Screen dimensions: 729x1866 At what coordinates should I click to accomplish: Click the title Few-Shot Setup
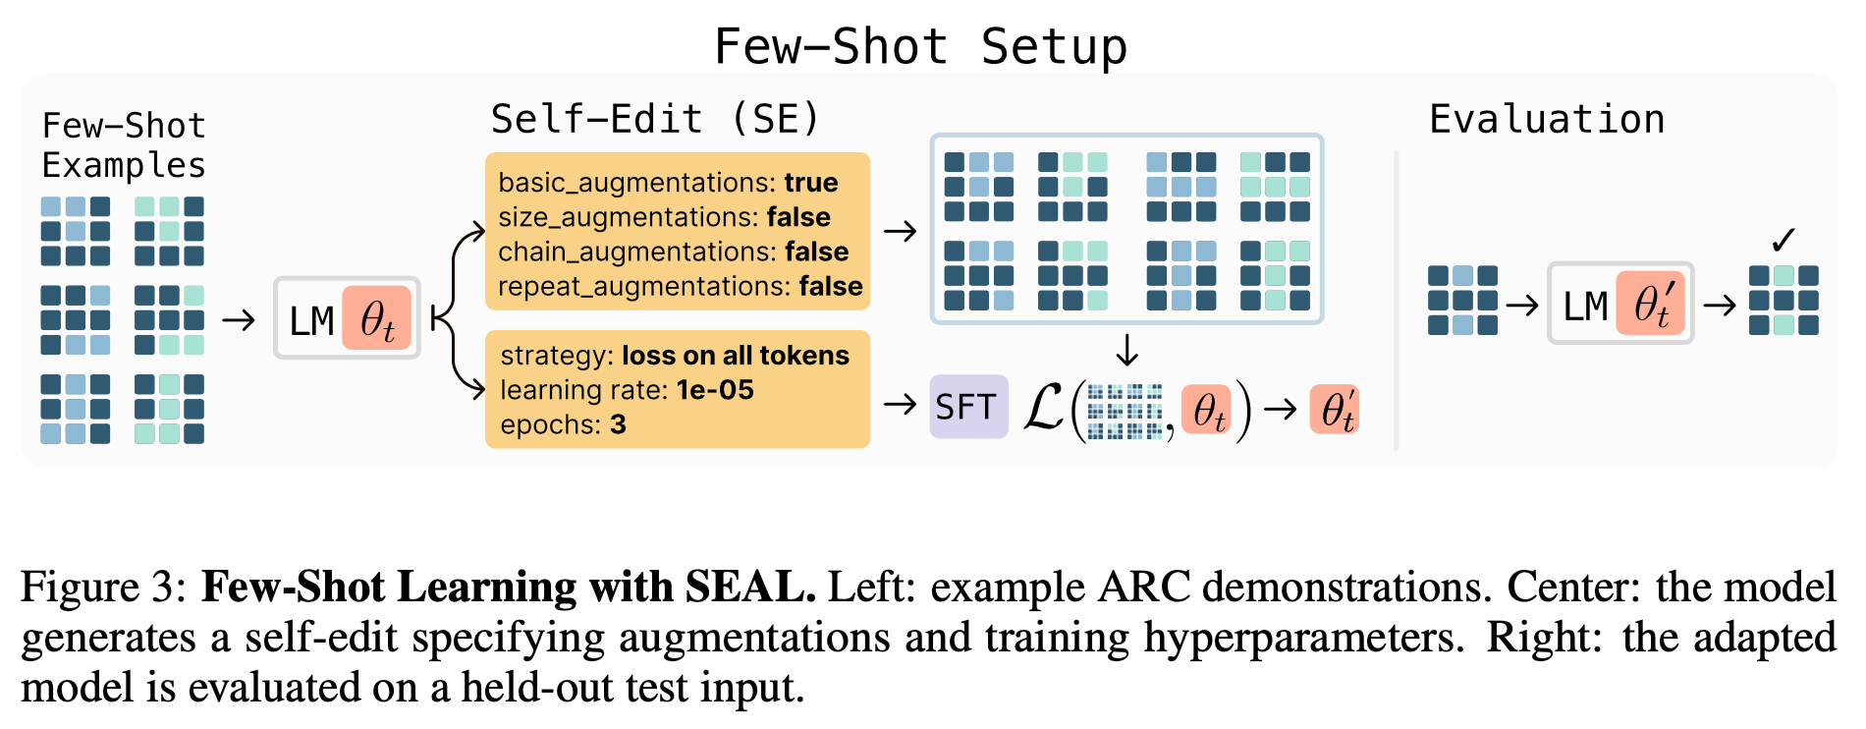click(920, 46)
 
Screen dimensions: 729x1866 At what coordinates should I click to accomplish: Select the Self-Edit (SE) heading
click(655, 119)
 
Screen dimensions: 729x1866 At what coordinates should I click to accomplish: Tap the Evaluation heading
click(1547, 119)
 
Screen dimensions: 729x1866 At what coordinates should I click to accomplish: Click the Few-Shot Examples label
click(124, 145)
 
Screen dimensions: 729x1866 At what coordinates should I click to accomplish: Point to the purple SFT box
click(968, 406)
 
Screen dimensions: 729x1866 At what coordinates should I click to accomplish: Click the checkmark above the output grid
click(1784, 239)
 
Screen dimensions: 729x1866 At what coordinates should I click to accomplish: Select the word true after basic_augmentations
click(811, 183)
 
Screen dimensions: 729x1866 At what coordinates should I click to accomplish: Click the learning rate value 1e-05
click(716, 390)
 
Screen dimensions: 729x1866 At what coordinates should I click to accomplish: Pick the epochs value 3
click(618, 424)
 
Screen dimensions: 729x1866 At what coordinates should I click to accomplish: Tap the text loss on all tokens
click(736, 356)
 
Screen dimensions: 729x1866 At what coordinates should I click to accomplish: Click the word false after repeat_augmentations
click(831, 286)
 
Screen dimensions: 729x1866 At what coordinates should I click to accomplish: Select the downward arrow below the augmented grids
click(1126, 350)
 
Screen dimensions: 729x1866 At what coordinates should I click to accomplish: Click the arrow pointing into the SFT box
click(900, 404)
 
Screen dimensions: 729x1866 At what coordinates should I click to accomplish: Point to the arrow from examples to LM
click(239, 320)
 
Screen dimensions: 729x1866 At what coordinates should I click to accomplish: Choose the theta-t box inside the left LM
click(377, 319)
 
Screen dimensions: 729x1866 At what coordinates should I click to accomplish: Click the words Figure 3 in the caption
click(103, 588)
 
